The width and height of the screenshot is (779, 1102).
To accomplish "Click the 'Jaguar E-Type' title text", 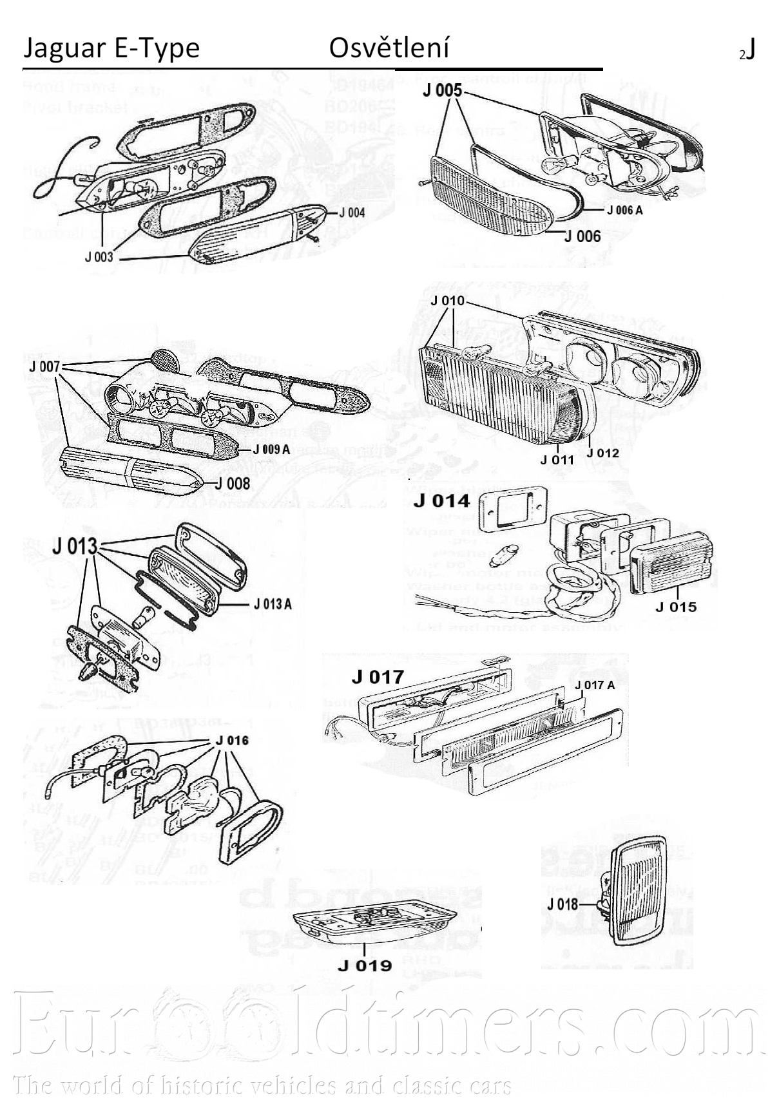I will (x=111, y=48).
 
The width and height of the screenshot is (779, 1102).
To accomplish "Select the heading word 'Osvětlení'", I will (x=389, y=48).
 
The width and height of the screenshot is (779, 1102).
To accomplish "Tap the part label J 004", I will (x=352, y=213).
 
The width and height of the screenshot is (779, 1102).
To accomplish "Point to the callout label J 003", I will (x=99, y=257).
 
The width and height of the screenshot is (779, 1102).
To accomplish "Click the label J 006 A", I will (x=624, y=210).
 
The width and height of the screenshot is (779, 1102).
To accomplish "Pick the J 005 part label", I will (x=442, y=91).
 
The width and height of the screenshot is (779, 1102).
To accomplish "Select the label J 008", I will (x=232, y=483).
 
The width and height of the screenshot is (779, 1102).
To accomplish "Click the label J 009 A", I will (x=271, y=450).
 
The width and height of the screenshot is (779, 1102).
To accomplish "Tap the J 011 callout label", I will (x=557, y=460).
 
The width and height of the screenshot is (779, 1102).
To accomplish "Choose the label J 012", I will (x=602, y=453).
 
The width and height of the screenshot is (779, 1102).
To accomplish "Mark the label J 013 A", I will (x=272, y=604).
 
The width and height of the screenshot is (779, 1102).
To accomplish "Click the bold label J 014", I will (x=442, y=501).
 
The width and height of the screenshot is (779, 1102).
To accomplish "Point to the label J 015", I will (x=676, y=607).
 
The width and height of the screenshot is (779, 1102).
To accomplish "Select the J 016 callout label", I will (x=232, y=741).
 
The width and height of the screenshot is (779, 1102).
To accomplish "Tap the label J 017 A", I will (x=595, y=685).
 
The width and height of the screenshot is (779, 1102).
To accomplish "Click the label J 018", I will (x=563, y=904).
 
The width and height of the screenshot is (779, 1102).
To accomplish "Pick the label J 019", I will (x=365, y=965).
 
